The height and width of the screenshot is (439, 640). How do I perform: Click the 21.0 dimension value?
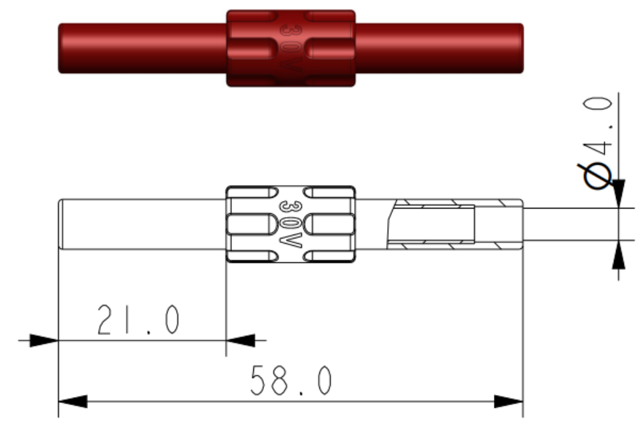pyautogui.click(x=138, y=321)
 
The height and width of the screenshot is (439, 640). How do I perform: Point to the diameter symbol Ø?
pyautogui.click(x=597, y=175)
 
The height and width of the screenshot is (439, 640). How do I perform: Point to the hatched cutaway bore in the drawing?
pyautogui.click(x=433, y=224)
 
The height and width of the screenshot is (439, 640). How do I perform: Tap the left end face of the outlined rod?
pyautogui.click(x=60, y=224)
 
